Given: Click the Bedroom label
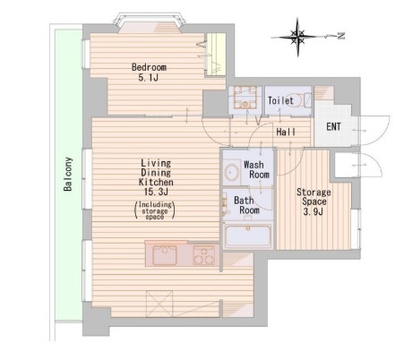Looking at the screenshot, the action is tap(149, 67).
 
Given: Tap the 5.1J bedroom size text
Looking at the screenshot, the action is tap(148, 78).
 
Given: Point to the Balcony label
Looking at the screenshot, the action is tap(68, 174).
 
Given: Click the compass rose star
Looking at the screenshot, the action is tap(297, 37).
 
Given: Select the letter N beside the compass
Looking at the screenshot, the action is tap(340, 36).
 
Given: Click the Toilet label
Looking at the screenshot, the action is tap(280, 100).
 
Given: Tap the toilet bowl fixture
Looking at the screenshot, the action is tap(306, 100).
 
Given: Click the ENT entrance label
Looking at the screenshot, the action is tap(334, 126).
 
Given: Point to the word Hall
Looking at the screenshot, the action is tap(286, 132).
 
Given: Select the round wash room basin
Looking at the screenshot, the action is tap(232, 173).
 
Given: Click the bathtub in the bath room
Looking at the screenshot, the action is tap(248, 236).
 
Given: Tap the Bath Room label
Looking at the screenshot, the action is tap(246, 205).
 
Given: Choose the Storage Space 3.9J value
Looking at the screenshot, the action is tap(313, 211).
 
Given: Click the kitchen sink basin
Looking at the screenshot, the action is tap(165, 255).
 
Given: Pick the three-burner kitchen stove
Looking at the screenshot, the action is tap(204, 255).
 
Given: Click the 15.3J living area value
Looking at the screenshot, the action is tap(156, 192).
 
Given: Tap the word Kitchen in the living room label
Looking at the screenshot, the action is tap(156, 182).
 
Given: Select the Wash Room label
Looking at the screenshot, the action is tap(256, 169).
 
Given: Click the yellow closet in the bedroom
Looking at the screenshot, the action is tap(217, 54).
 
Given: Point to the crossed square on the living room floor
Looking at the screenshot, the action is tap(159, 304).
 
